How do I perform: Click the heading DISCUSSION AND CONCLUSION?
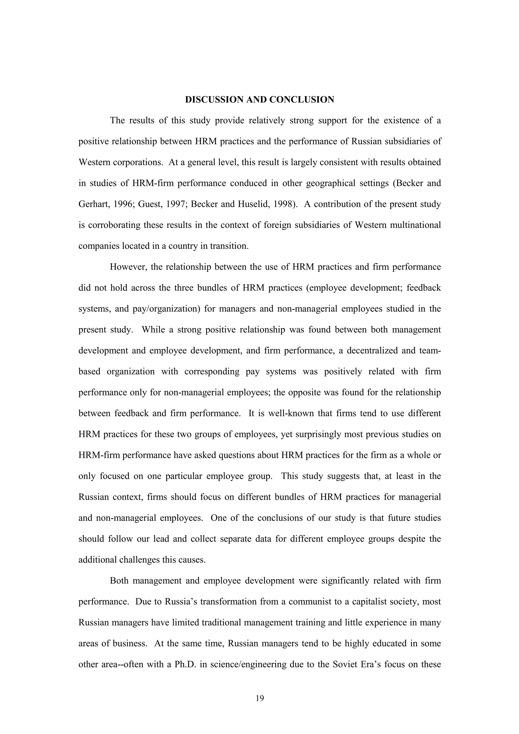(259, 100)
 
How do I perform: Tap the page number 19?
(260, 698)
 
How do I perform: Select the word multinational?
(415, 225)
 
